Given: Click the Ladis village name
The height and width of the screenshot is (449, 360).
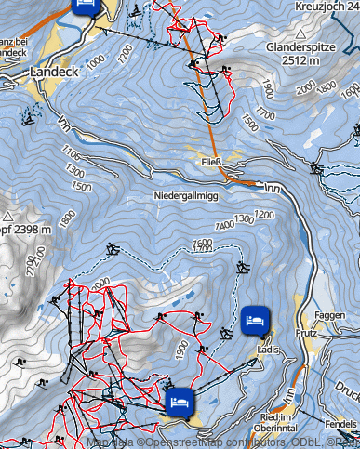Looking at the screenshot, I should (x=267, y=350).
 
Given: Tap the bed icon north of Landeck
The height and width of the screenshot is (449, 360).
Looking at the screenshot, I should (x=85, y=4).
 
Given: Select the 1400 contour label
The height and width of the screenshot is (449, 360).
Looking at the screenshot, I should (x=224, y=225).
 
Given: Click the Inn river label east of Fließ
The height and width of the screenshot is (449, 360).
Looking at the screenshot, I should (x=273, y=188).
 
